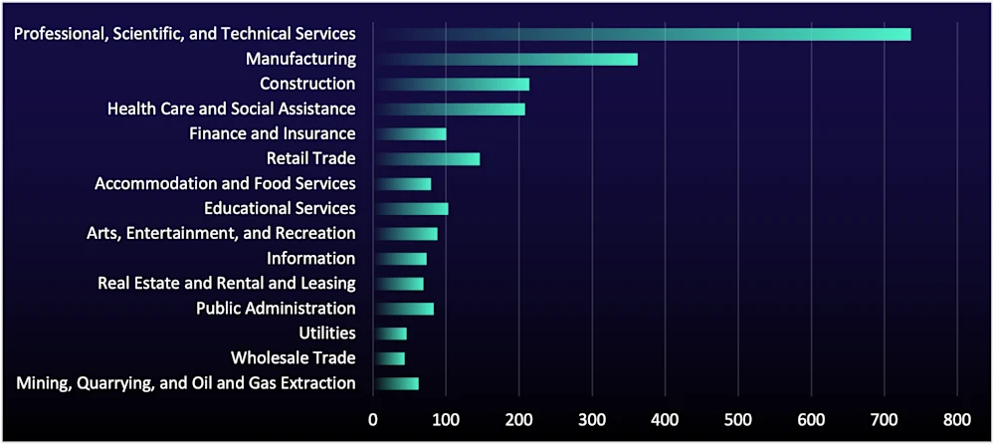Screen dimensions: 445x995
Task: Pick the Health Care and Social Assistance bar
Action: tap(449, 109)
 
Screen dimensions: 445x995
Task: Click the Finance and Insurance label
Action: tap(272, 133)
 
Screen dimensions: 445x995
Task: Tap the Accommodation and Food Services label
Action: tap(225, 183)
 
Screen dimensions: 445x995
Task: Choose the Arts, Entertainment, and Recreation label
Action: tap(221, 233)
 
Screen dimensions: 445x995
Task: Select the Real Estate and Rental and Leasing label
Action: tap(226, 283)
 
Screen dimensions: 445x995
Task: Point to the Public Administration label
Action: tap(276, 308)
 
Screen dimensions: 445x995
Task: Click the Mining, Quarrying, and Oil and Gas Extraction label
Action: tap(186, 382)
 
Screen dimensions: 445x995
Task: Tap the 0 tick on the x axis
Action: tap(373, 419)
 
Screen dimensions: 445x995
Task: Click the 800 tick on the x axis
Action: tap(957, 419)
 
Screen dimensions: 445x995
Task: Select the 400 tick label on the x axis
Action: tap(665, 419)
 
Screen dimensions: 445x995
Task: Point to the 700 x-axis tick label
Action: tap(885, 419)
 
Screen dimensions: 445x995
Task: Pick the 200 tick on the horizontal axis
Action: tap(518, 419)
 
